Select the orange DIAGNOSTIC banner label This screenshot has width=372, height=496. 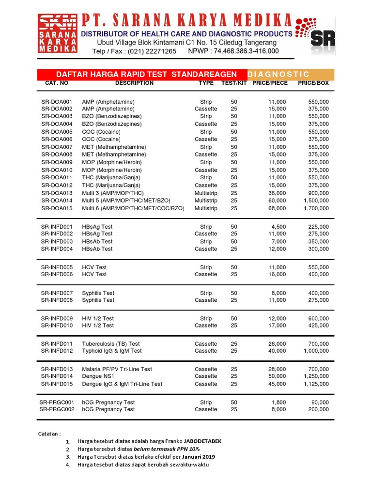pyautogui.click(x=278, y=74)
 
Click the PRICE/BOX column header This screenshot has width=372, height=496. pyautogui.click(x=313, y=83)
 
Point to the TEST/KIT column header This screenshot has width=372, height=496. pyautogui.click(x=234, y=83)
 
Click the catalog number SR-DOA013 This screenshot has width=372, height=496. pyautogui.click(x=57, y=193)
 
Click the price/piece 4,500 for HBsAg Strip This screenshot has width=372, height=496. pyautogui.click(x=278, y=227)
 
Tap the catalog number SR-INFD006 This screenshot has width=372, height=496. pyautogui.click(x=57, y=274)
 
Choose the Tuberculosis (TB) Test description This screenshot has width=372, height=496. pyautogui.click(x=111, y=343)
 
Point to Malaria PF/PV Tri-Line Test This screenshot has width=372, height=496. pyautogui.click(x=117, y=369)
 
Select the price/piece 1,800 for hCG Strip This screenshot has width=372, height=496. pyautogui.click(x=278, y=402)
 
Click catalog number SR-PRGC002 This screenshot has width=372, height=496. pyautogui.click(x=57, y=409)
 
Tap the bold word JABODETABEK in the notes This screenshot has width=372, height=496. pyautogui.click(x=203, y=441)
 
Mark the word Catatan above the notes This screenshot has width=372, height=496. pyautogui.click(x=49, y=434)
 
